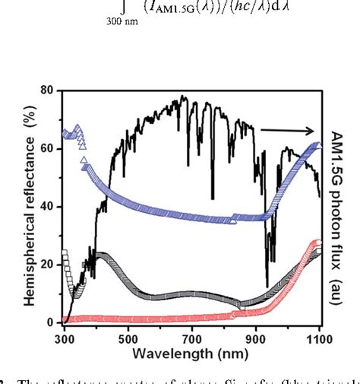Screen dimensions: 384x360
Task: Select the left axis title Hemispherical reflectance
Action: pos(31,205)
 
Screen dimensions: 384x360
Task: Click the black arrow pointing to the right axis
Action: pos(289,129)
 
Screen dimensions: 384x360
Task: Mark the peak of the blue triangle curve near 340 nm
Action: pos(76,127)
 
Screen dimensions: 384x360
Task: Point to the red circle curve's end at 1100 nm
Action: pos(319,243)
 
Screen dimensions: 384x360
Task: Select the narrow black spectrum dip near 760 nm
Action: pos(213,198)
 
